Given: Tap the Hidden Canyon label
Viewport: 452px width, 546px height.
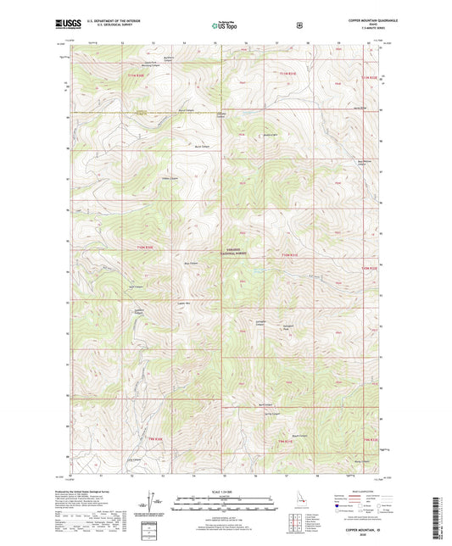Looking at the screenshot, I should (170, 178).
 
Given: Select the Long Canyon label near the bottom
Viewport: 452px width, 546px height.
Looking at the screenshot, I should (131, 460).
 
